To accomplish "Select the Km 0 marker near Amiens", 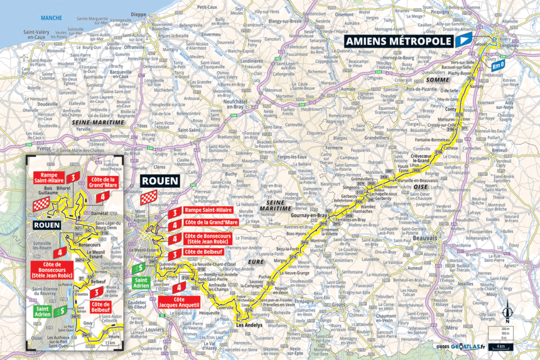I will tap(498, 65).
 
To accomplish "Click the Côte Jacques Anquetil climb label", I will tap(183, 301).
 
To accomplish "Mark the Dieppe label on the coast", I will tap(137, 15).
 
